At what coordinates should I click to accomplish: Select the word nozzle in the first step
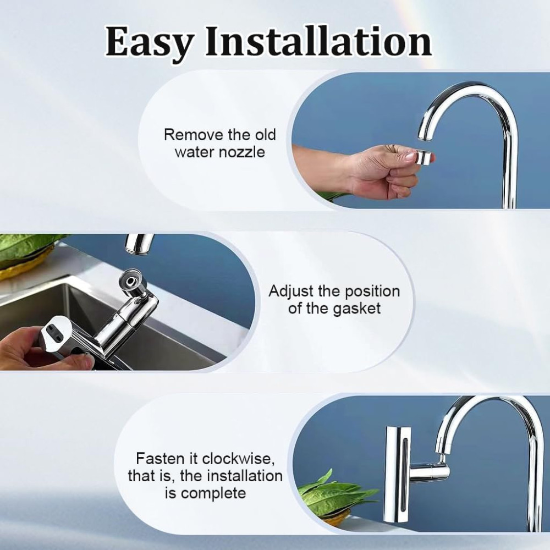pyautogui.click(x=242, y=152)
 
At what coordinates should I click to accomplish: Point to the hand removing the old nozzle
pyautogui.click(x=380, y=170)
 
